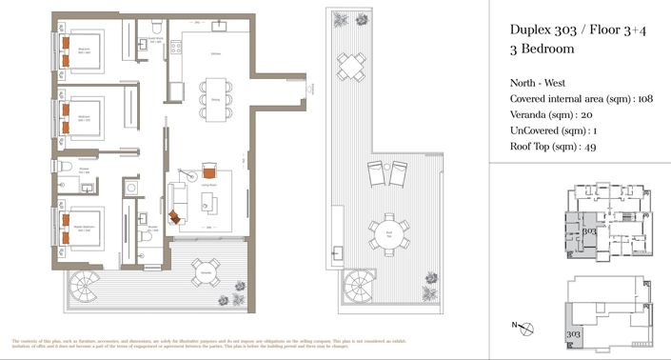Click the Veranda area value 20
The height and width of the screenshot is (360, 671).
click(600, 114)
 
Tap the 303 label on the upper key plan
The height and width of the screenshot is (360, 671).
click(588, 231)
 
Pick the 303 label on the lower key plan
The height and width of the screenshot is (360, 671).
click(573, 334)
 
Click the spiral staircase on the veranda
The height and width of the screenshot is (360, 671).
click(82, 284)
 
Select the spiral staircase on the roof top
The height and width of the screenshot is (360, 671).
click(360, 283)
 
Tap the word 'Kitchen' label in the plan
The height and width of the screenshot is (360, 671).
click(216, 54)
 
